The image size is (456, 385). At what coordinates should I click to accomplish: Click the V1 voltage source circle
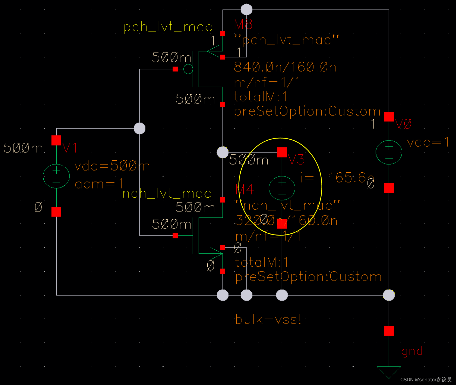point(56,176)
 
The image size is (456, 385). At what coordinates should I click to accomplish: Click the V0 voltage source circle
point(389,152)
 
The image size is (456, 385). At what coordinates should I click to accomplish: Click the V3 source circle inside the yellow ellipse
point(282,188)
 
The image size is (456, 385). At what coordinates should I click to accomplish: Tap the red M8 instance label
point(243,24)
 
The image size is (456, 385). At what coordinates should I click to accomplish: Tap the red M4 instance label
point(245,190)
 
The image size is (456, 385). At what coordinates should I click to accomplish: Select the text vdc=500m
point(112,166)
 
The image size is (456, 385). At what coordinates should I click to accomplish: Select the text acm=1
point(99,184)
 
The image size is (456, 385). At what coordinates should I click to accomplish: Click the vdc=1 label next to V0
point(428,142)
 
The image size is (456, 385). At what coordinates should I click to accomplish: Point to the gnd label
point(412,351)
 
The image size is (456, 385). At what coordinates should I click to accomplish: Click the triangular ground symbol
point(389,371)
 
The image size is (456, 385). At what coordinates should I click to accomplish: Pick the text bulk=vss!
point(268,319)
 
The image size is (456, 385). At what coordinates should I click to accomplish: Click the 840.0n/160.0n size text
point(285,67)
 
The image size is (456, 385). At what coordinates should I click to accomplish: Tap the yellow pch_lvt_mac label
point(168,27)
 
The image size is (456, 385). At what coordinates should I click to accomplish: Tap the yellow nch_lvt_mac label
point(167,193)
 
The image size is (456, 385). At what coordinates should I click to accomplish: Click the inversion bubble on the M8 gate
point(188,69)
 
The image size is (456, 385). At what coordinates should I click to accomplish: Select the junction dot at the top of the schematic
point(246,10)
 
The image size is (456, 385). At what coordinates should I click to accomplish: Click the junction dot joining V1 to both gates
point(140,128)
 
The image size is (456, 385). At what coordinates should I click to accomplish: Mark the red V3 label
point(296,159)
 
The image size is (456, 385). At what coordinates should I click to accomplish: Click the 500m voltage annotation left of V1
point(23,148)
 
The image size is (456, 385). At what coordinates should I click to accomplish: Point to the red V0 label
point(403,124)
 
